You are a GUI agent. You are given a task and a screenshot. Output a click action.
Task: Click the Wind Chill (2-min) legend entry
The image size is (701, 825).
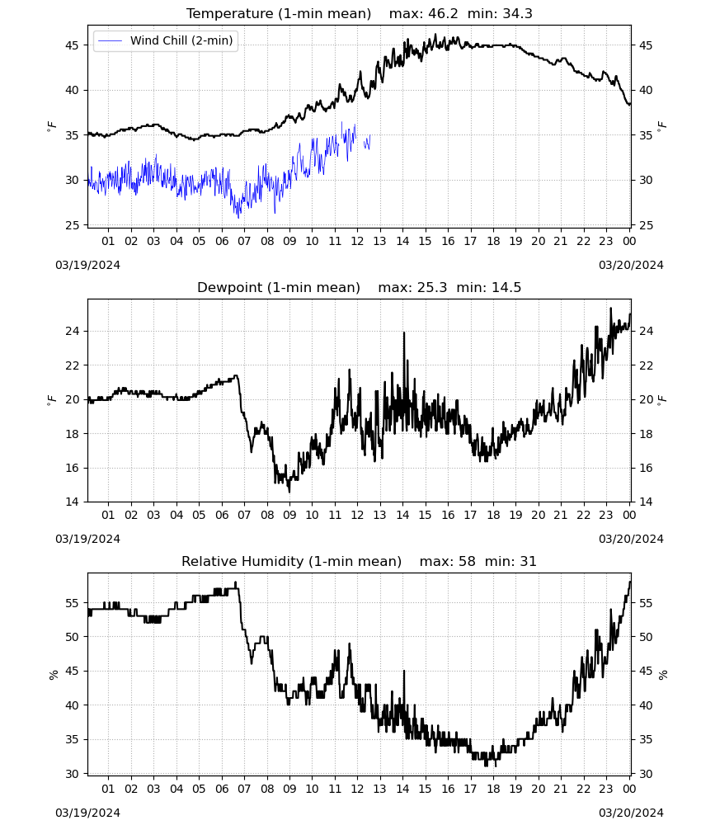pyautogui.click(x=166, y=40)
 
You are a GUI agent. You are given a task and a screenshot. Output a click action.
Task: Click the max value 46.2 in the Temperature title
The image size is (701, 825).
pyautogui.click(x=444, y=14)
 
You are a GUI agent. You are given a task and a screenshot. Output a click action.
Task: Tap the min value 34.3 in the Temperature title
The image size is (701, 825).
pyautogui.click(x=517, y=14)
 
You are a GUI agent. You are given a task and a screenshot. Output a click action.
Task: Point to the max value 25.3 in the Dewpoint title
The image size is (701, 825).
pyautogui.click(x=432, y=288)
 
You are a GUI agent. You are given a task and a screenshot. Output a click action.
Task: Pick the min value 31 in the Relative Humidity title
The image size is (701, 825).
pyautogui.click(x=528, y=561)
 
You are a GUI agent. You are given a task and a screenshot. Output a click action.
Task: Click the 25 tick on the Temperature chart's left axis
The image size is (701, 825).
pyautogui.click(x=72, y=225)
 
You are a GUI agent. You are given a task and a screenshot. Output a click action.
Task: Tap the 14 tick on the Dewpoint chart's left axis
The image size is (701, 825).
pyautogui.click(x=72, y=502)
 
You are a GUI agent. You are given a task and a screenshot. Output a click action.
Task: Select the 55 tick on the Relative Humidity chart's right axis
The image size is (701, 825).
pyautogui.click(x=646, y=603)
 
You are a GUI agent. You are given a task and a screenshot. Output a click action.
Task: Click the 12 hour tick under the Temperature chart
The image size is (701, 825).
pyautogui.click(x=357, y=241)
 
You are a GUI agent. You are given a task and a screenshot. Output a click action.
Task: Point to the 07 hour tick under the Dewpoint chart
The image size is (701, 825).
pyautogui.click(x=244, y=515)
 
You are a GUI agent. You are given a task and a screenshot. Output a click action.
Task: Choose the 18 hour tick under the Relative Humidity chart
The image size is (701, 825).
pyautogui.click(x=493, y=789)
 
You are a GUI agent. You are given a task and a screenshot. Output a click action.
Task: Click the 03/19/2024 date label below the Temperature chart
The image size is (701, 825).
pyautogui.click(x=87, y=265)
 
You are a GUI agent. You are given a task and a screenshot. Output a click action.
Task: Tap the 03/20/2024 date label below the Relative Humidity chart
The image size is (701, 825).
pyautogui.click(x=631, y=813)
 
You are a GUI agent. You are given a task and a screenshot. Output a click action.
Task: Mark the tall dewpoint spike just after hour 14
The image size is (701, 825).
pyautogui.click(x=404, y=333)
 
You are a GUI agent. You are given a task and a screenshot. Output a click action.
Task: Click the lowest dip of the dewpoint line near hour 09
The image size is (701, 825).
pyautogui.click(x=289, y=492)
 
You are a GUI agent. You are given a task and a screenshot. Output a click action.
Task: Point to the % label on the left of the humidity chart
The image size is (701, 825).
pyautogui.click(x=53, y=675)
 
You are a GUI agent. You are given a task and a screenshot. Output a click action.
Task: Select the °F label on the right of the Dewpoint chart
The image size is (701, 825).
pyautogui.click(x=662, y=399)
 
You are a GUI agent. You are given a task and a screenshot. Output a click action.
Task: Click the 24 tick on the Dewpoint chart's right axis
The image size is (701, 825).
pyautogui.click(x=646, y=331)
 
